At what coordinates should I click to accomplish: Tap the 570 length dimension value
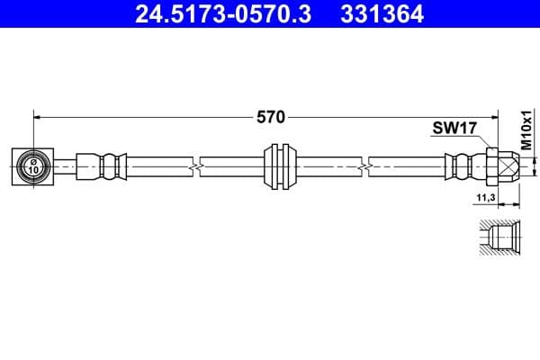[270, 116]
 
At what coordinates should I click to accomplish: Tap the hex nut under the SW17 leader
[493, 166]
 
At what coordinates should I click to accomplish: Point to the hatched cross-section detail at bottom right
[498, 238]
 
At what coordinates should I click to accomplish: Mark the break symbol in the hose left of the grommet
[195, 166]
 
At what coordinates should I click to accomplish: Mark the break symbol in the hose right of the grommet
[364, 166]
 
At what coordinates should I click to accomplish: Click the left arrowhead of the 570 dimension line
[39, 116]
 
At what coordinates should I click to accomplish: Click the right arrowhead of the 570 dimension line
[494, 116]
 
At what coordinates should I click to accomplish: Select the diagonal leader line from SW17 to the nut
[482, 140]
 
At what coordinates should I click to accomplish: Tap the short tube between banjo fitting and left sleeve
[66, 166]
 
